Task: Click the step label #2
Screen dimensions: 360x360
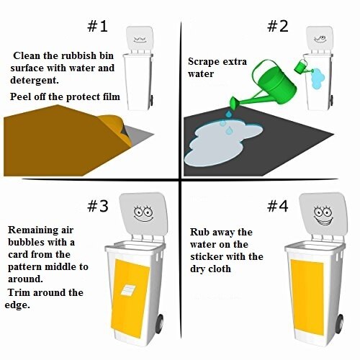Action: [x=277, y=27]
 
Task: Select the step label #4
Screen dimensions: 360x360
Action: [x=277, y=206]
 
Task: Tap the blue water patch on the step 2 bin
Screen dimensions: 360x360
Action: [x=315, y=79]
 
